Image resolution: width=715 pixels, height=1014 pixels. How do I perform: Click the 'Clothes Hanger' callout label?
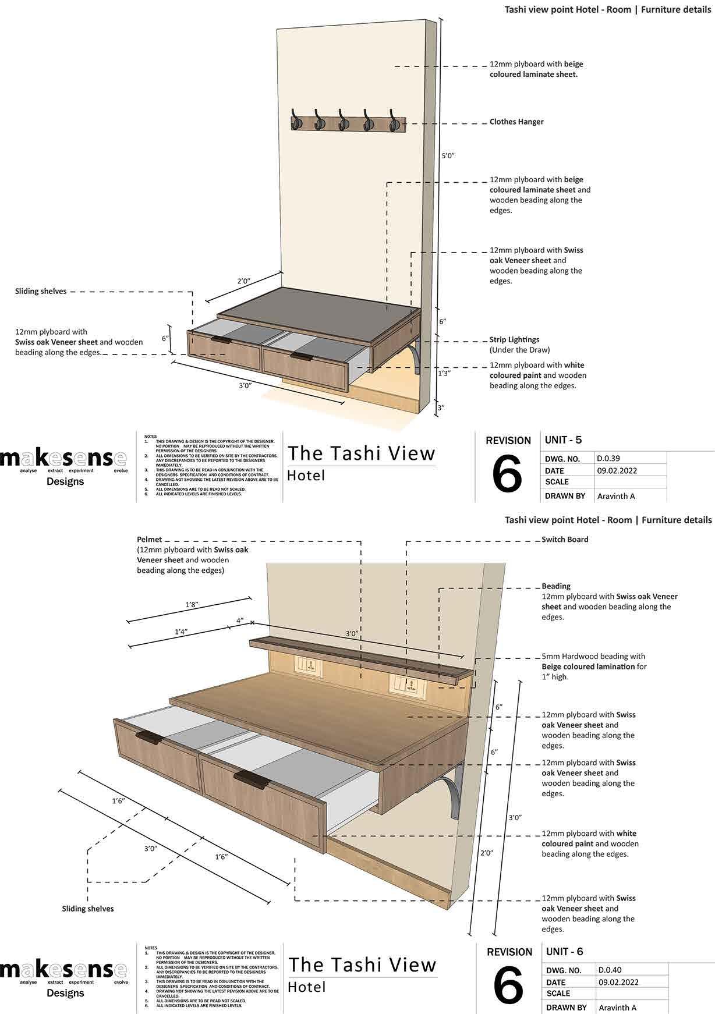tap(516, 122)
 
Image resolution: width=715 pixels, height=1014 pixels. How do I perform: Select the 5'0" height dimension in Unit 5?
tap(448, 155)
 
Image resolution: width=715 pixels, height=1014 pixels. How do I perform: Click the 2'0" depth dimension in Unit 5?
tap(243, 281)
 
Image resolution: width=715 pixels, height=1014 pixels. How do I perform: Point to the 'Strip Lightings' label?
tap(514, 339)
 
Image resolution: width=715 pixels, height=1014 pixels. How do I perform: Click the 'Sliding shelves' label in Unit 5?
tap(41, 291)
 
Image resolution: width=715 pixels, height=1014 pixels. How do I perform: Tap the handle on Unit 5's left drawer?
tap(221, 339)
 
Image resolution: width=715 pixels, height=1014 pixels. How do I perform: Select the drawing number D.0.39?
tap(608, 458)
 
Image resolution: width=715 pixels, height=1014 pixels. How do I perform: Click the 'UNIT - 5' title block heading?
tap(563, 439)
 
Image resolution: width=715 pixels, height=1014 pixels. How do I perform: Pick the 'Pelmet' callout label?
tap(150, 540)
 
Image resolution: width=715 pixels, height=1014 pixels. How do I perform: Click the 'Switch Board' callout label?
tap(565, 540)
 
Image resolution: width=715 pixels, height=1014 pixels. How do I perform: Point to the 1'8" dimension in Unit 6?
tap(192, 605)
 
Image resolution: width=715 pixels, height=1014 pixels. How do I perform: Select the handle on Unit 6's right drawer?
tap(251, 778)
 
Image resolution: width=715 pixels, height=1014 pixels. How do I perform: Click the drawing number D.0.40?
tap(610, 970)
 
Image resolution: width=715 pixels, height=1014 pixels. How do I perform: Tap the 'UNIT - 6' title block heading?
tap(564, 951)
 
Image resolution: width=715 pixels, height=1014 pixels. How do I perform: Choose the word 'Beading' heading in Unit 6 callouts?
tap(556, 586)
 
